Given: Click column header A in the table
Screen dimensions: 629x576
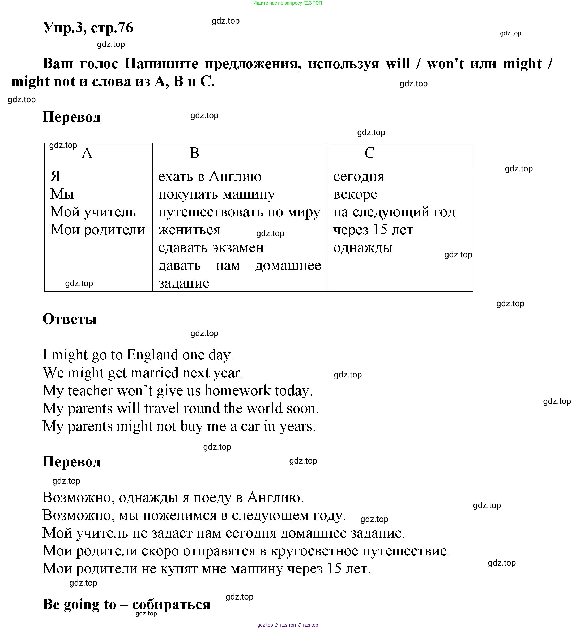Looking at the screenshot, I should click(87, 153).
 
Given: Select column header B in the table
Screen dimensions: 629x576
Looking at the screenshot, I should click(194, 153).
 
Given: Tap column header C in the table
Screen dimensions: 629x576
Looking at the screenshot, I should click(370, 153).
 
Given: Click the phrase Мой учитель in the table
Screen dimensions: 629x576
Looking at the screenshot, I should click(93, 212).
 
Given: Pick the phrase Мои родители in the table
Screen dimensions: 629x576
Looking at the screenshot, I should click(98, 230).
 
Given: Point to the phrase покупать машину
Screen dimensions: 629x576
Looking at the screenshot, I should click(216, 194).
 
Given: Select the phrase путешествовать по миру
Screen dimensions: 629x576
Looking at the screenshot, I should click(239, 212).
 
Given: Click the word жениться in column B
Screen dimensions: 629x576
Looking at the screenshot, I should click(189, 230).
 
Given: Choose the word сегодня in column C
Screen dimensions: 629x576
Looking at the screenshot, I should click(359, 176).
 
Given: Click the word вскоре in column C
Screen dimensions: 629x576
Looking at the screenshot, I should click(355, 194).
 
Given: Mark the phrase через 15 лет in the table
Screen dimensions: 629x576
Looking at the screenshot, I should click(373, 230).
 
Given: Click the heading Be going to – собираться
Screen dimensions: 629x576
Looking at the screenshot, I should click(127, 604).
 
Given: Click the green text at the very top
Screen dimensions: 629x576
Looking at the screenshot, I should click(288, 3).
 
